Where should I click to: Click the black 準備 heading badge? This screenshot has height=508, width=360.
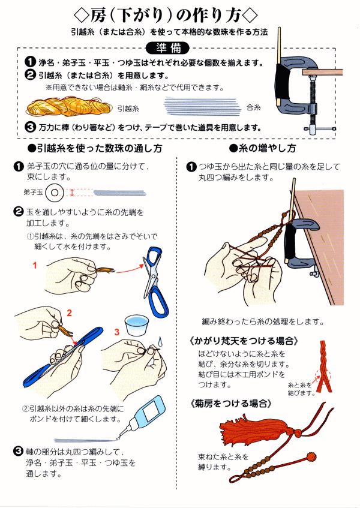click(167, 48)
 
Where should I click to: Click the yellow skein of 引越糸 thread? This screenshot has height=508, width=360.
click(69, 107)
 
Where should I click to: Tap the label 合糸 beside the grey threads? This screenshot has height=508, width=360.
click(253, 107)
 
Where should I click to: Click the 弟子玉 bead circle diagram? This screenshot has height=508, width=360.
click(55, 193)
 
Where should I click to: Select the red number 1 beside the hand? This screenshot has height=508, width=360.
click(35, 266)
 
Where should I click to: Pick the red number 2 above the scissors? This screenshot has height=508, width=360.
click(69, 313)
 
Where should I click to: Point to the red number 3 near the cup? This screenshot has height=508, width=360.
click(117, 332)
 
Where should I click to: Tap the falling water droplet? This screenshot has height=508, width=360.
click(160, 341)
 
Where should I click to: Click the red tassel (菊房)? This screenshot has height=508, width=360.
click(259, 429)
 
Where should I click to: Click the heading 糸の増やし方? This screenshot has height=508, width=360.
click(262, 148)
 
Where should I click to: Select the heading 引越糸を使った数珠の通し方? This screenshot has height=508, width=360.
click(95, 149)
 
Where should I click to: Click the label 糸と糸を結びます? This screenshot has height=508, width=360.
click(301, 389)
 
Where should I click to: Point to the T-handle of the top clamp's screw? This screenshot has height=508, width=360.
click(319, 128)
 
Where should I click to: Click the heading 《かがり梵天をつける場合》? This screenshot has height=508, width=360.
click(244, 341)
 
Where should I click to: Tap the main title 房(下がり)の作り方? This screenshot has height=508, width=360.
click(166, 15)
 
